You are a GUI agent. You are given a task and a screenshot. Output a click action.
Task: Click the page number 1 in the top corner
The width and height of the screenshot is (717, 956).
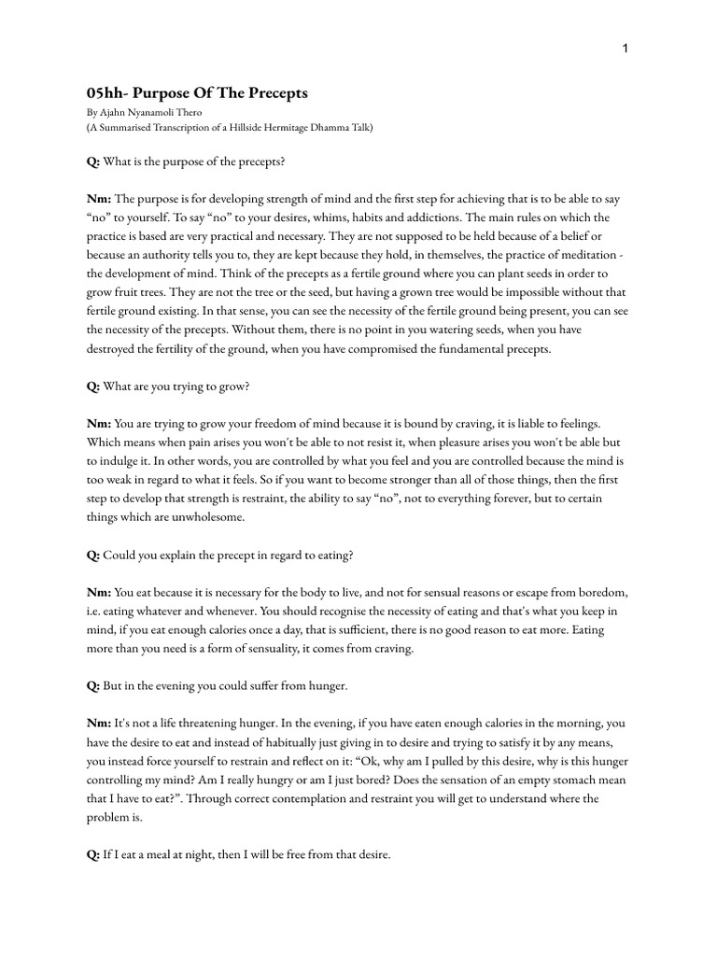[x=625, y=49]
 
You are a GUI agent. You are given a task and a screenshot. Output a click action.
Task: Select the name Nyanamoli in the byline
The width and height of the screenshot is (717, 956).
[x=153, y=112]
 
